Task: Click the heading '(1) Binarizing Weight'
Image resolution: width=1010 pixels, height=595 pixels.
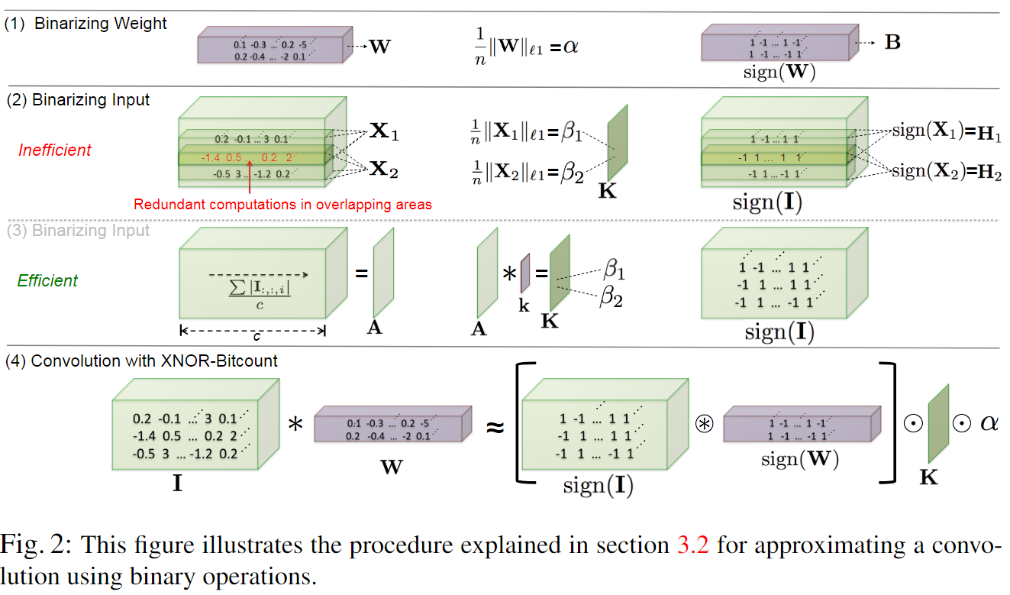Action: point(86,24)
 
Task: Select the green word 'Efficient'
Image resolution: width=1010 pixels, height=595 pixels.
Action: point(47,280)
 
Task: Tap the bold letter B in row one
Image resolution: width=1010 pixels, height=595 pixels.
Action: point(892,42)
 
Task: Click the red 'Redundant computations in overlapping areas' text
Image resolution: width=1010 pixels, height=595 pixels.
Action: point(282,204)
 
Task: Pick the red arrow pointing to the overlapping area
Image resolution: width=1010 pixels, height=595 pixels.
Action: point(250,179)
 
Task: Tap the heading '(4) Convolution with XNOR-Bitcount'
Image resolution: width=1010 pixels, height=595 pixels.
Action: point(142,361)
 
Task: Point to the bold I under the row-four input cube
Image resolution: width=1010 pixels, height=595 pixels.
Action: point(177,483)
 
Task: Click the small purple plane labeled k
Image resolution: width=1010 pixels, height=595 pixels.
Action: point(524,274)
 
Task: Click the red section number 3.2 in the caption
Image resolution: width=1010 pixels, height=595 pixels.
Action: point(692,545)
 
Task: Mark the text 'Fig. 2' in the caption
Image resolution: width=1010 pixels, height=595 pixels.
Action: point(38,545)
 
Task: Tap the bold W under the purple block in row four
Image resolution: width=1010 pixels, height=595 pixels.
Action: point(391,466)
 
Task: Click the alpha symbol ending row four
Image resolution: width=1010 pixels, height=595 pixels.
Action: point(990,422)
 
